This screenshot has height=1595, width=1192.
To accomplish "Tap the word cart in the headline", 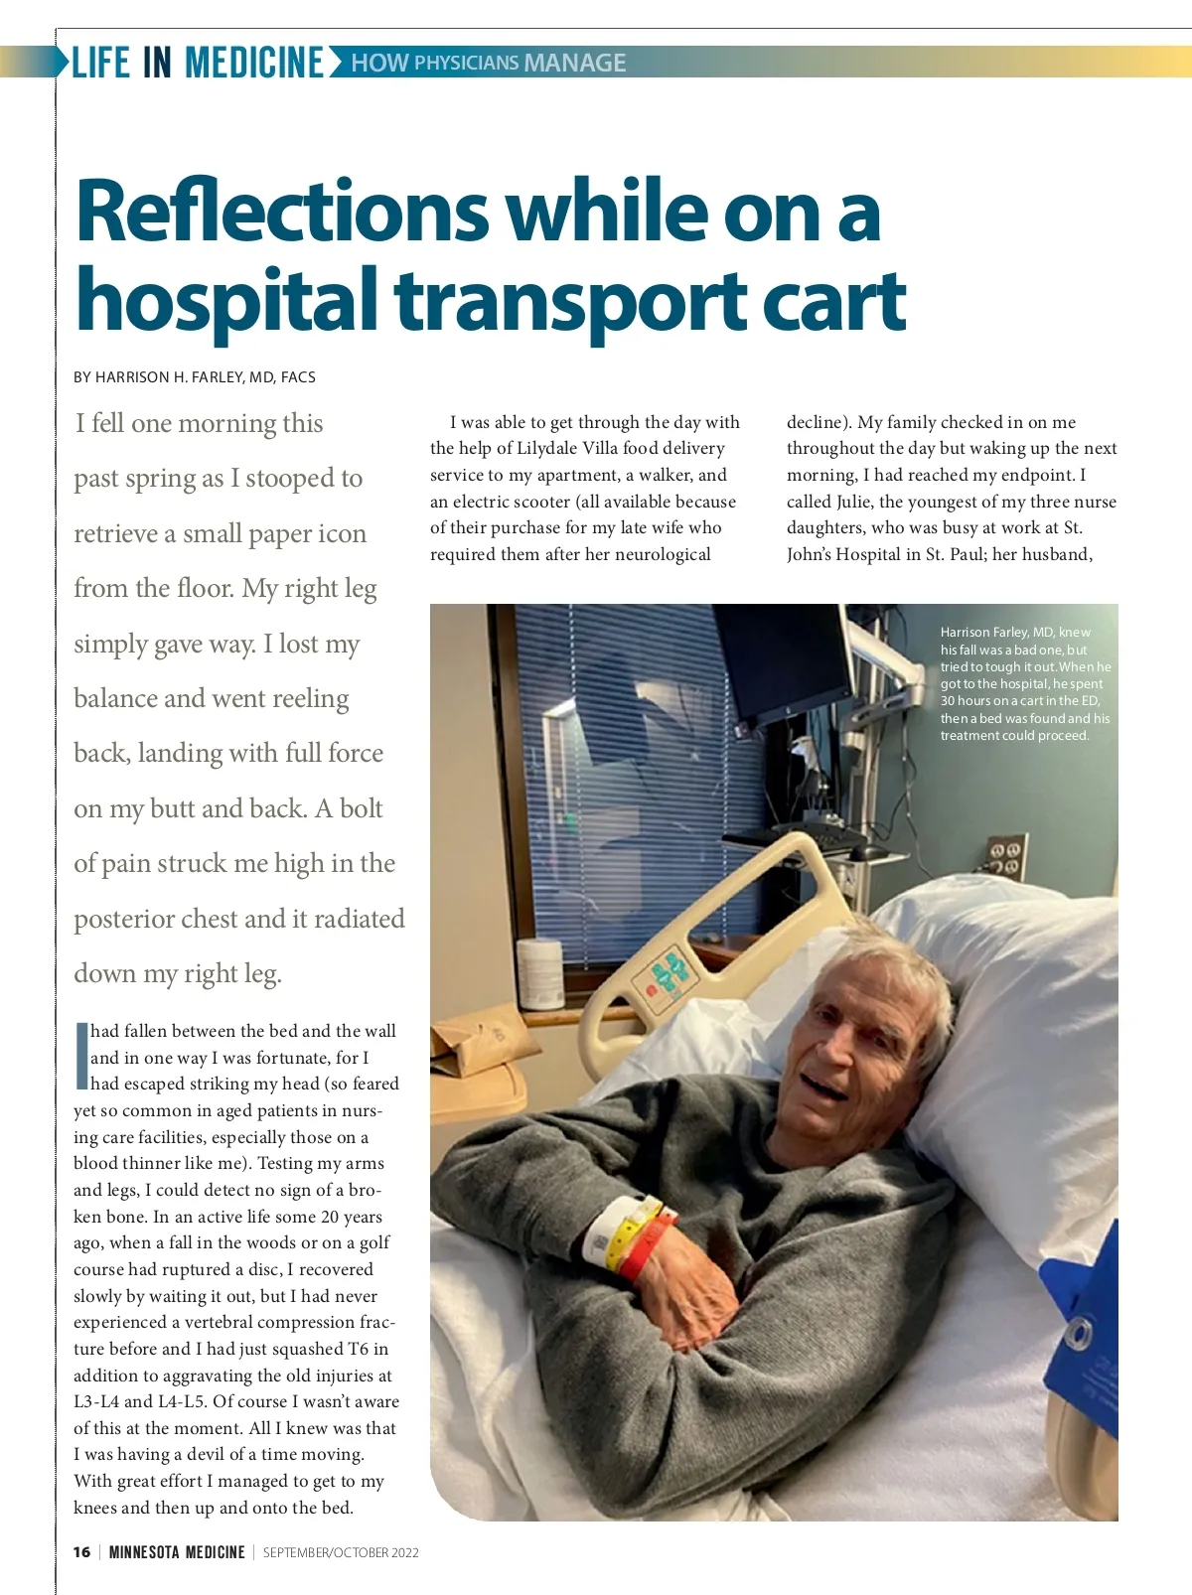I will pos(840,300).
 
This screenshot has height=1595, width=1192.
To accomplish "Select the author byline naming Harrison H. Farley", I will pos(195,377).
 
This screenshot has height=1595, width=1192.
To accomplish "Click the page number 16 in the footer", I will pos(81,1552).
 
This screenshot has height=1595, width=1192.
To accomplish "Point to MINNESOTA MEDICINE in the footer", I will pos(177,1552).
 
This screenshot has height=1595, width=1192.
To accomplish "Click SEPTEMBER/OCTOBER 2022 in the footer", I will pos(341,1552).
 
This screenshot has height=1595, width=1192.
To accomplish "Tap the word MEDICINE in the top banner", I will pos(254,63).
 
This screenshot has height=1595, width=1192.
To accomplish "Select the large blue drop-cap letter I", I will pos(81,1055).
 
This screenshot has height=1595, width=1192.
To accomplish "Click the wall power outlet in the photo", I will pos(1006,854).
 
